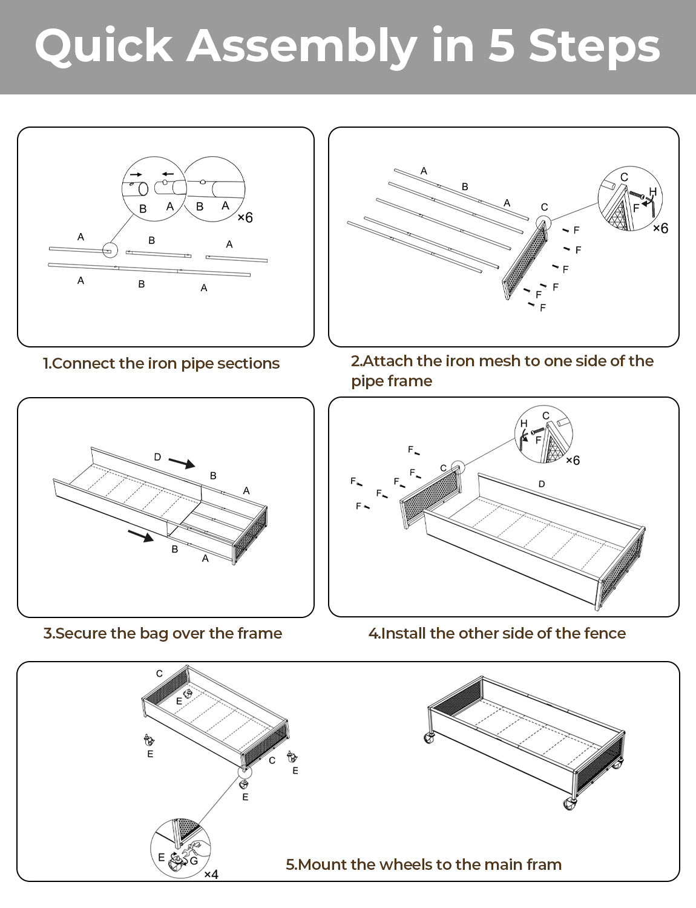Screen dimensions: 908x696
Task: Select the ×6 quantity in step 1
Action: pos(245,217)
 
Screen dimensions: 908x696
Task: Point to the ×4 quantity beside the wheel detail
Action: pos(211,874)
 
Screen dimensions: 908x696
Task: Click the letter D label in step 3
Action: pos(157,457)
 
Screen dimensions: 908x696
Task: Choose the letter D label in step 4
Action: pos(541,484)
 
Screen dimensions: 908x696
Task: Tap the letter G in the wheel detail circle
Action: pos(194,860)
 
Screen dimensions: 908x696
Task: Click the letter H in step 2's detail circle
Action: pos(652,192)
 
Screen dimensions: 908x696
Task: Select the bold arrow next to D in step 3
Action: pos(182,463)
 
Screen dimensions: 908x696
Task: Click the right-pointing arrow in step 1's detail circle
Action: pos(136,174)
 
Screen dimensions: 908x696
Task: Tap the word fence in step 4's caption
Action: pos(605,633)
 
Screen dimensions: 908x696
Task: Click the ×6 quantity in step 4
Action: pos(572,460)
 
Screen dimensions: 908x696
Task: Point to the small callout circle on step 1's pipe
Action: pos(110,250)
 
